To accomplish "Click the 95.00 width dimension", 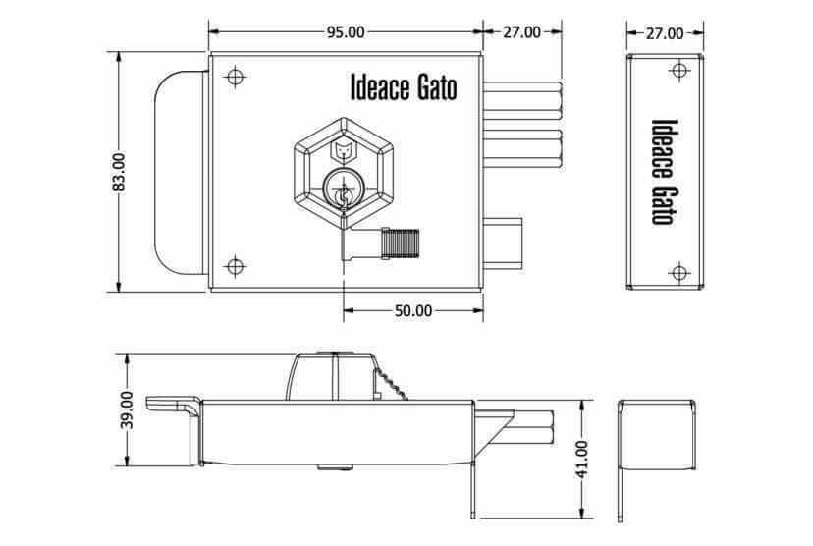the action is coord(346,32).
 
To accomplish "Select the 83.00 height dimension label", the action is coord(119,172).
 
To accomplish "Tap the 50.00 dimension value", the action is coord(413,310).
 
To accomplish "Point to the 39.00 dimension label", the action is coord(127,409).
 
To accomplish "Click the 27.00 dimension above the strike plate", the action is coord(665,33).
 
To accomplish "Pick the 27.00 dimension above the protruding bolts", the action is coord(522,32).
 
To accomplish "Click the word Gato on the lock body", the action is coord(437,88).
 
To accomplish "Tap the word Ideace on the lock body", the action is coord(380,87).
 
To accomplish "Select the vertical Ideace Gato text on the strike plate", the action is coord(665,172).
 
